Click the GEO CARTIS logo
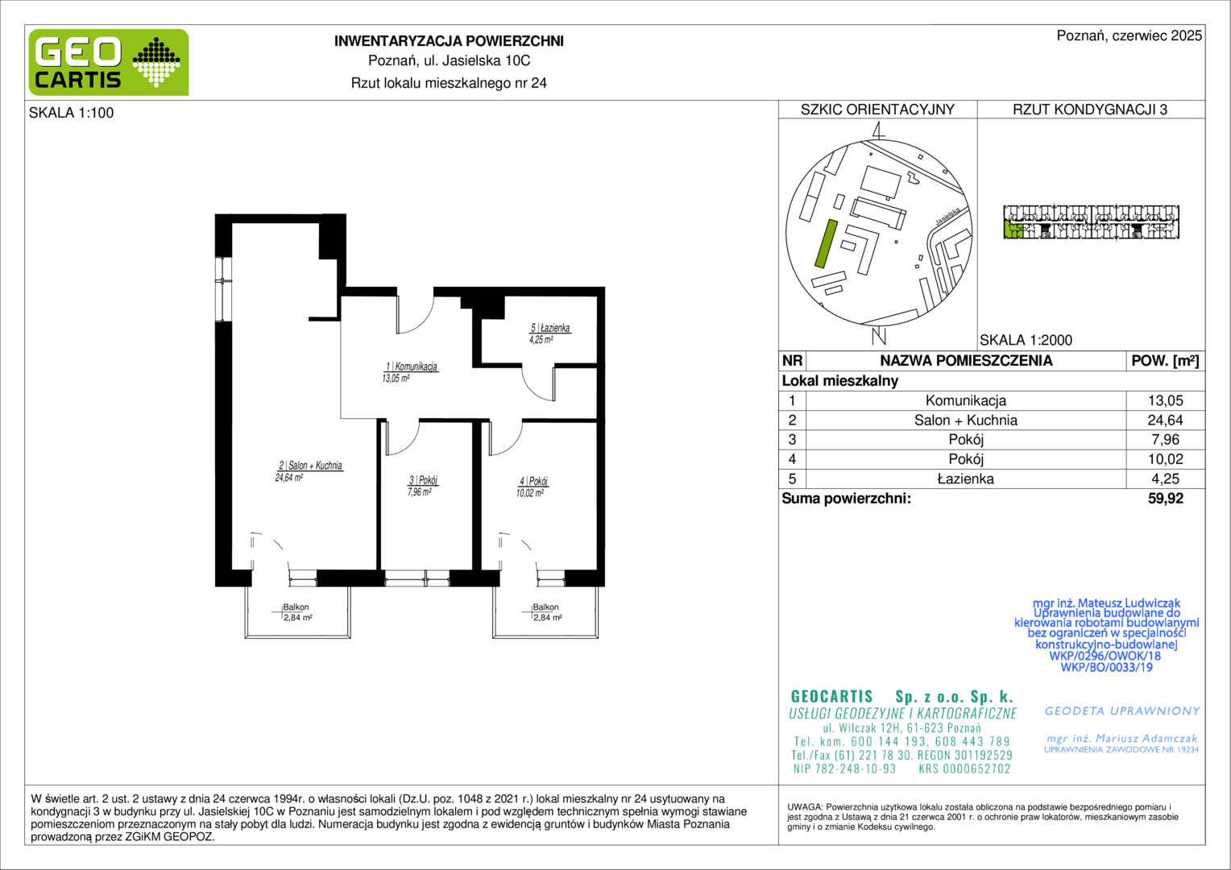point(109,62)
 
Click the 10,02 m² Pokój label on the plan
point(533,487)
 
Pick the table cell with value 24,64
point(1165,420)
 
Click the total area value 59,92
point(1165,499)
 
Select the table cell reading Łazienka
point(966,478)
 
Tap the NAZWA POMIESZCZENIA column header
point(966,361)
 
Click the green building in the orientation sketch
point(826,243)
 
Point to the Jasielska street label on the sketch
point(948,216)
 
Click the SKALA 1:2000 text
point(1026,340)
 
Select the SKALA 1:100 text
point(72,113)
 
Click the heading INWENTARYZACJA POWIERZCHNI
point(449,41)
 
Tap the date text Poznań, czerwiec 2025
point(1129,35)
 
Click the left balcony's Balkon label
point(296,607)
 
